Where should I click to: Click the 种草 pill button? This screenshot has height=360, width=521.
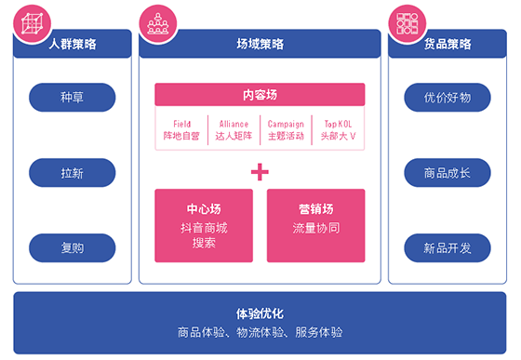click(73, 98)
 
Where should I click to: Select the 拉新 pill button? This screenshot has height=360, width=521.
click(73, 173)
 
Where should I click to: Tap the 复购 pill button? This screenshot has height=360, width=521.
click(73, 247)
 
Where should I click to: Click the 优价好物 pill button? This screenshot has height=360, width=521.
click(448, 98)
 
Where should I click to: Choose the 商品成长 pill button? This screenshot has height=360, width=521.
click(448, 173)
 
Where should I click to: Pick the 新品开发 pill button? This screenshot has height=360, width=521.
click(448, 247)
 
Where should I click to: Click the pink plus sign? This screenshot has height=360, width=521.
click(260, 172)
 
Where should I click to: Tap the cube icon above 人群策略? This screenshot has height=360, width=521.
click(32, 23)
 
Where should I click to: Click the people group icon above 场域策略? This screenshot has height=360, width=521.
click(158, 23)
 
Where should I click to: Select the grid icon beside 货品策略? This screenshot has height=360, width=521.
click(407, 23)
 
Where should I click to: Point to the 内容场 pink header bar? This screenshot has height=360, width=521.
click(260, 95)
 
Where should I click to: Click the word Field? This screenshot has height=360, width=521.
click(181, 125)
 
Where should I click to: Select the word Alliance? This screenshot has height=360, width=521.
click(234, 125)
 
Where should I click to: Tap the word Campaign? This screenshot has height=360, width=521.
click(286, 125)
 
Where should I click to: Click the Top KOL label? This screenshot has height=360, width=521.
click(338, 125)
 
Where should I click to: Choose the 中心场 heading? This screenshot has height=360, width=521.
click(204, 209)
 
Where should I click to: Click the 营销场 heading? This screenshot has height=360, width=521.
click(316, 209)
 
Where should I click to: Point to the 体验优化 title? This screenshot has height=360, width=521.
click(260, 313)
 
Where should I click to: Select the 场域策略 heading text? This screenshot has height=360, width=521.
click(260, 44)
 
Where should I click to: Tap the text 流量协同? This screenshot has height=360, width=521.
click(316, 228)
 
